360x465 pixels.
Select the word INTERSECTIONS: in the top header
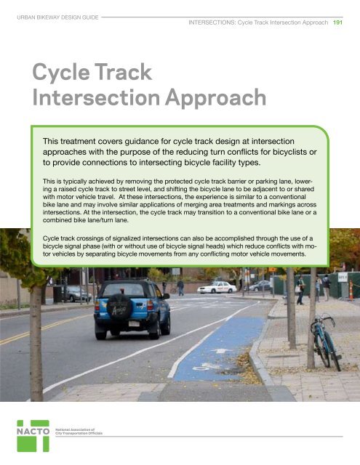point(211,23)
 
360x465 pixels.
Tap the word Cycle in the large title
point(65,73)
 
